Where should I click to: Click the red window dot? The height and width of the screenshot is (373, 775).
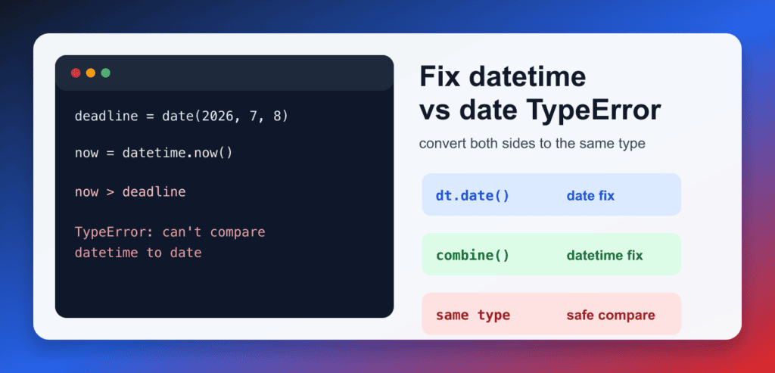pos(76,73)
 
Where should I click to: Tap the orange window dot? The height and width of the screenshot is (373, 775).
pos(91,73)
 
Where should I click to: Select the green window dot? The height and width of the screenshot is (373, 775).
pos(105,73)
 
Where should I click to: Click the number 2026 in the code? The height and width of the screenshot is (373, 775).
pos(219,117)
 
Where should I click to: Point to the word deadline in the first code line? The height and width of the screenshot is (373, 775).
pos(106,117)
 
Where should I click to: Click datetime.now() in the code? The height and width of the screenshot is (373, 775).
pos(177,153)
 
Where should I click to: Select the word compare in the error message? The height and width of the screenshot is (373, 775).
pos(238,232)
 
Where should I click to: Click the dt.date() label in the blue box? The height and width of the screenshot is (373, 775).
pos(472,196)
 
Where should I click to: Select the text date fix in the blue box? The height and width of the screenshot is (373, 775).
pos(590,196)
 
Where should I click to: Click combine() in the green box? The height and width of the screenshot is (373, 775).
pos(472,256)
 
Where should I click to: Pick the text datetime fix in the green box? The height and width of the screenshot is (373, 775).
pos(605,256)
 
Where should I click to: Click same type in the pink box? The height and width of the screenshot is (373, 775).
pos(472,315)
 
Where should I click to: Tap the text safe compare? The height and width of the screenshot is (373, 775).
pos(611,315)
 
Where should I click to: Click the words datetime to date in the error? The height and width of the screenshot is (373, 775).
pos(139,253)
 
